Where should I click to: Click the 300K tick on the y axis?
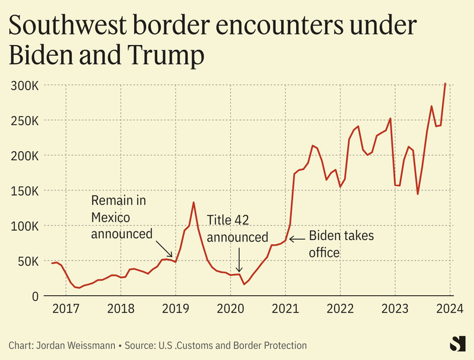(25, 85)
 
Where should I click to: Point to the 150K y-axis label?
(25, 191)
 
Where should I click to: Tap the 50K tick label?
(28, 261)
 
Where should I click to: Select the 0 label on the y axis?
(36, 296)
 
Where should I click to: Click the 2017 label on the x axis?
(66, 308)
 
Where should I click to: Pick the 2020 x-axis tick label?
(230, 308)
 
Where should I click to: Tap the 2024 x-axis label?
(450, 308)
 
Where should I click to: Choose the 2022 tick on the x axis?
(340, 308)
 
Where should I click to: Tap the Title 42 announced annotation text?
(237, 229)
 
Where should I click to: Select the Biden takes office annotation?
(341, 244)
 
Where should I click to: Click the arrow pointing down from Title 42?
(238, 259)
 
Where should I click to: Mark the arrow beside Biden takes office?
(297, 238)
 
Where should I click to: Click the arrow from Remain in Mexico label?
(164, 248)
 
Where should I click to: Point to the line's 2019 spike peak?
(193, 202)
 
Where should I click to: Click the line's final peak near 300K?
(445, 84)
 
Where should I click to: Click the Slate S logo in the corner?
(457, 343)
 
